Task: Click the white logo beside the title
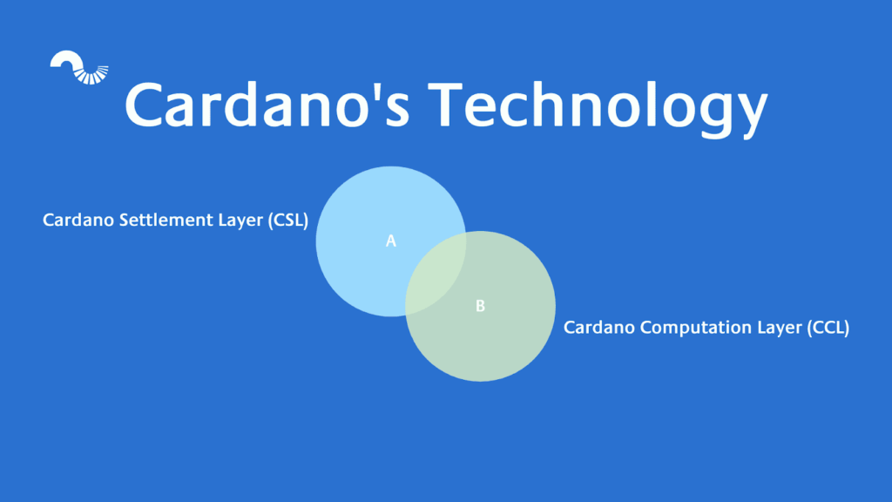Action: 79,69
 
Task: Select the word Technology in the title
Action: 601,105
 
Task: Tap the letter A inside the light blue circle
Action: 391,241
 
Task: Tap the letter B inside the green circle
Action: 480,306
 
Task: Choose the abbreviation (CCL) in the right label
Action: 827,328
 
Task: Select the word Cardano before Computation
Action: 598,328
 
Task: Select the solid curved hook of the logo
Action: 65,60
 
